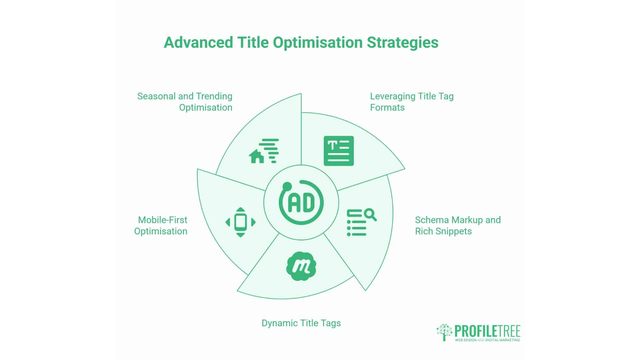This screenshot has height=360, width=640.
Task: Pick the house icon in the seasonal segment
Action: [x=257, y=156]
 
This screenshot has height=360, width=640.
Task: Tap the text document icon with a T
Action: [x=339, y=151]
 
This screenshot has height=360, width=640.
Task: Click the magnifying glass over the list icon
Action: [x=370, y=214]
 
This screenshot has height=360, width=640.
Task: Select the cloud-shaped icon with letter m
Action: [x=301, y=266]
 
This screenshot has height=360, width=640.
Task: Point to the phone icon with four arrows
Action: [x=240, y=222]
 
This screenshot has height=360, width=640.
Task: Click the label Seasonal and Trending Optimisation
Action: [x=185, y=102]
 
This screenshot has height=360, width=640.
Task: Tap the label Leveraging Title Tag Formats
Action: [x=412, y=102]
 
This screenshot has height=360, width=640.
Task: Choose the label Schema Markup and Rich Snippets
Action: [x=458, y=225]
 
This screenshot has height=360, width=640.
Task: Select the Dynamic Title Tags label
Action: [x=301, y=323]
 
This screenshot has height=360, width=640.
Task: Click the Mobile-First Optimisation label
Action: [x=161, y=225]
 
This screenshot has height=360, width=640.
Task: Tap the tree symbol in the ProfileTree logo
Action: [x=444, y=332]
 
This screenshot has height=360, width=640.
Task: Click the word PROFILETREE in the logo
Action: [x=487, y=331]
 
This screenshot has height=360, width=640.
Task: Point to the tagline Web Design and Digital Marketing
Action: [x=487, y=340]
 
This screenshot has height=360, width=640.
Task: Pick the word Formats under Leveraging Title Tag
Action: [x=387, y=108]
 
